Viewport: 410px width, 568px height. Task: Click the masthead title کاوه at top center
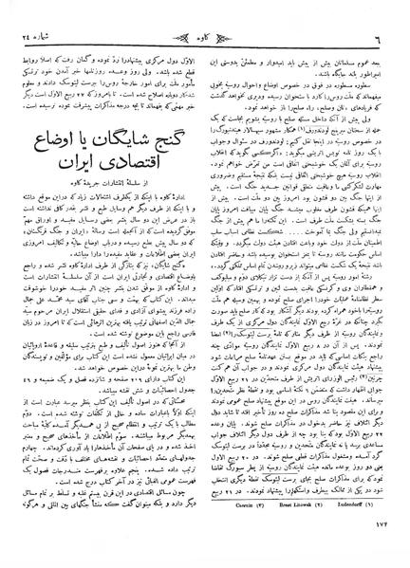coord(205,12)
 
